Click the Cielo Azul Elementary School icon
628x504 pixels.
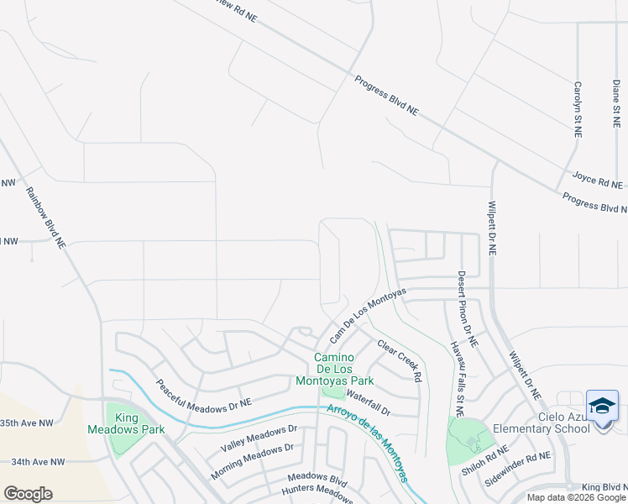[x=602, y=407]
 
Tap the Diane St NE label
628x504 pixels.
[x=616, y=102]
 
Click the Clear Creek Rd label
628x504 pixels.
[x=399, y=361]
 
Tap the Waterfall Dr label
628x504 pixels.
[x=369, y=402]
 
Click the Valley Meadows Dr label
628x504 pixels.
[x=259, y=437]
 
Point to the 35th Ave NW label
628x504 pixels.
[x=32, y=423]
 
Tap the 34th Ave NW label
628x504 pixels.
[x=38, y=462]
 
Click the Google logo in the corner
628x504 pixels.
[x=28, y=493]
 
